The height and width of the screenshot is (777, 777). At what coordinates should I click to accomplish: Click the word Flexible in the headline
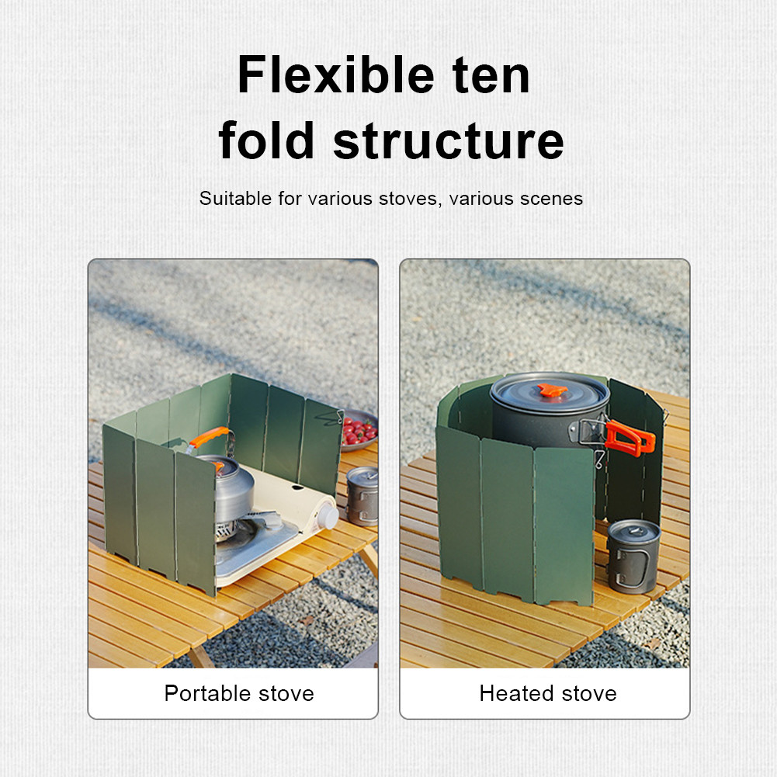[x=336, y=75]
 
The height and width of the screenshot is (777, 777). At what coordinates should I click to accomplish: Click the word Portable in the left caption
[x=206, y=692]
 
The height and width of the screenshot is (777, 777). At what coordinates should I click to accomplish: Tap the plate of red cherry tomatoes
[x=359, y=430]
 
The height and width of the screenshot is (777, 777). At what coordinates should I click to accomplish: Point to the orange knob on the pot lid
[x=552, y=390]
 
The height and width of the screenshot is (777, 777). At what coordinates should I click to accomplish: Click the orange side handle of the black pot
[x=630, y=437]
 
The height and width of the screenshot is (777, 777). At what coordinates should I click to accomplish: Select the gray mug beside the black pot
[x=634, y=556]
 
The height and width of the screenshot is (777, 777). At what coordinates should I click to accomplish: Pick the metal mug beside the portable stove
[x=362, y=495]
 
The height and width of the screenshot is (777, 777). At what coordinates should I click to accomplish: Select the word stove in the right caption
[x=589, y=693]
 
